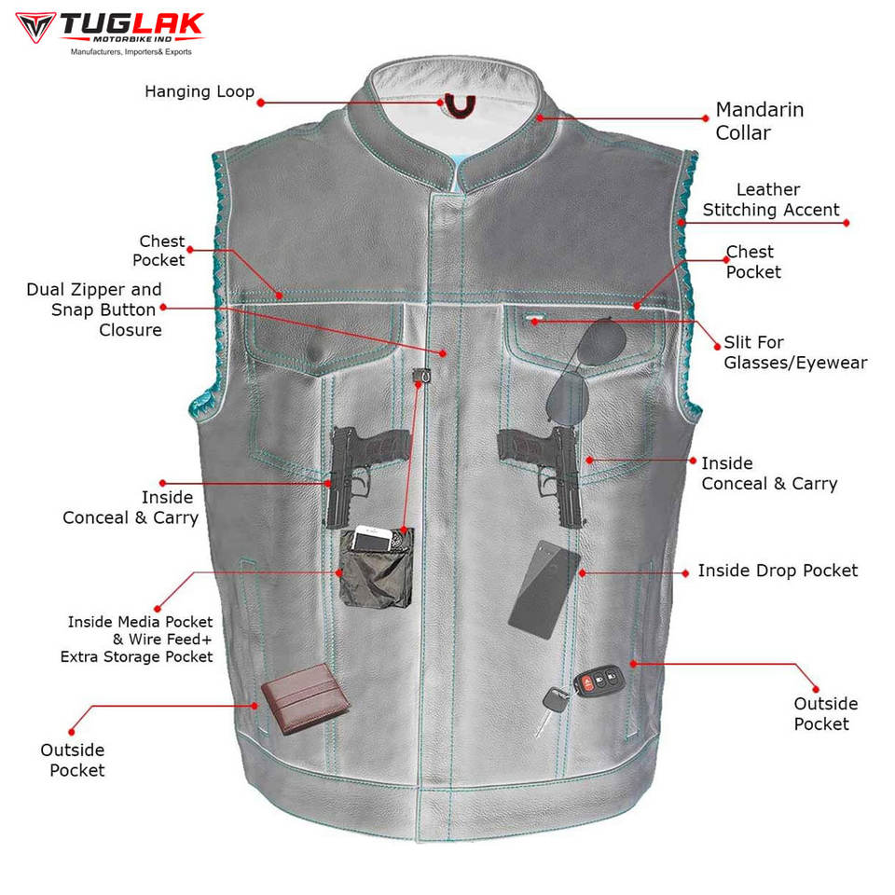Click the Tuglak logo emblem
click(x=34, y=27)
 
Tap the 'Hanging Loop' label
click(x=200, y=91)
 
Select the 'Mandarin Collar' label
click(x=759, y=121)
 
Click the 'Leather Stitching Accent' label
click(x=771, y=200)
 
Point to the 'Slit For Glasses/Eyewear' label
click(x=795, y=352)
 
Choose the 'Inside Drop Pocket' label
click(x=778, y=570)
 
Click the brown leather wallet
click(x=304, y=697)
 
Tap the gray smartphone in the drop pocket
click(x=544, y=589)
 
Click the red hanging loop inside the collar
click(x=459, y=105)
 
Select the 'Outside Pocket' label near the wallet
click(x=72, y=760)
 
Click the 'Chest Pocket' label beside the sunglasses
click(x=752, y=261)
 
